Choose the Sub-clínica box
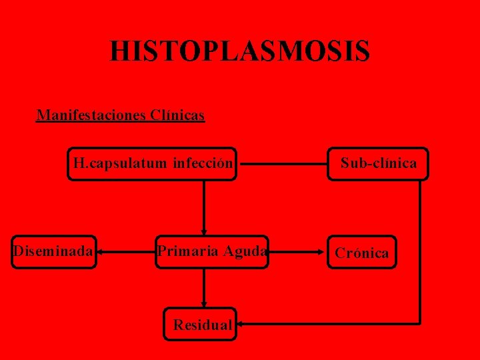coord(379,163)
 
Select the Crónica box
coord(362,252)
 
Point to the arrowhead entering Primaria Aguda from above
coord(203,231)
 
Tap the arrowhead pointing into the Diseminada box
coord(100,252)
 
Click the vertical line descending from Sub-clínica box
coord(420,253)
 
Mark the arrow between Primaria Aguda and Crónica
coord(297,252)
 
